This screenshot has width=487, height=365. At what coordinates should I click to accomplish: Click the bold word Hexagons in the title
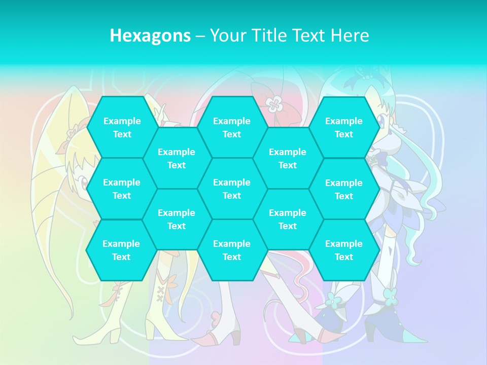coord(150,35)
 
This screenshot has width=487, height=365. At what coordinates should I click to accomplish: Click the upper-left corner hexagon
coord(122,127)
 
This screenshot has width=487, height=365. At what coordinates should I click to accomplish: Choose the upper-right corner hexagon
coord(344,127)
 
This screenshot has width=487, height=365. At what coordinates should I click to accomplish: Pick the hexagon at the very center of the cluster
coord(232,189)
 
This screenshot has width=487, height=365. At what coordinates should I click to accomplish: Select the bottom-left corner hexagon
coord(121,250)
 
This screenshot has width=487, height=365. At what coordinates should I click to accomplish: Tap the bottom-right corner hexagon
coord(344,250)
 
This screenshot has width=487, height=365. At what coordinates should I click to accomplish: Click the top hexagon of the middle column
coord(232,127)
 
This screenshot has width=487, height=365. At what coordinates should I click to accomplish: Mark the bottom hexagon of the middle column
coord(232,250)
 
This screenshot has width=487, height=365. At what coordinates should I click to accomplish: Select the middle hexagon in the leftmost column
coord(122,189)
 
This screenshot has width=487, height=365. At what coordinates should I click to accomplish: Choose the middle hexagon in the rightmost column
coord(344,189)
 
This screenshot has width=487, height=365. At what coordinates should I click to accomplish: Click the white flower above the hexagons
coord(274,104)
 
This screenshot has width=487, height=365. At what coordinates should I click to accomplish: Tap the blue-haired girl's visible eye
coord(380,120)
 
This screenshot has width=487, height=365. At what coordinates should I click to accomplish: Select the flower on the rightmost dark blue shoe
coord(391,294)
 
